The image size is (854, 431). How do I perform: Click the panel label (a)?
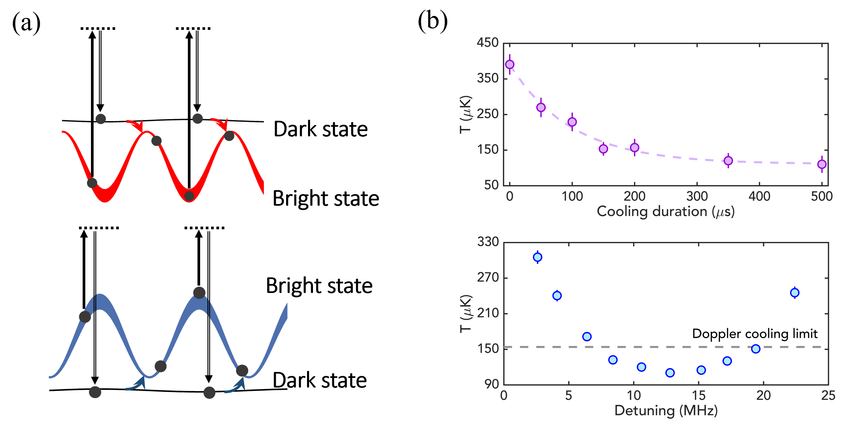coord(26,23)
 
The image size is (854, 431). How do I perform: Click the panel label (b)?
coord(432,21)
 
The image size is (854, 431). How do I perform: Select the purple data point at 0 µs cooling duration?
coord(509,64)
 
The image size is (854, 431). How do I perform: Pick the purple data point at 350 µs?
coord(728,161)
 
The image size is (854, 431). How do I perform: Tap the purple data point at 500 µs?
coord(822,164)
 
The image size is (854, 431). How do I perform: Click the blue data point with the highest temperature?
coord(537,257)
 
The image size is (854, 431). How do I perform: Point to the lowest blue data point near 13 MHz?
coord(670,373)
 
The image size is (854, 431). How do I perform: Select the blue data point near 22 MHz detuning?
coord(795,293)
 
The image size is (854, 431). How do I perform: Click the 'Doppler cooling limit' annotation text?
coord(754,334)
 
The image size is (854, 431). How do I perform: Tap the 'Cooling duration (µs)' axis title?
coord(665,212)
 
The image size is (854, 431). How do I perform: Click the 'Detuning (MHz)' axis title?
coord(666,411)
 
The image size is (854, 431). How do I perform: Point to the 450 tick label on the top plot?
coord(488,43)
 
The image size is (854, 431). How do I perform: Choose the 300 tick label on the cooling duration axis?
coord(697,196)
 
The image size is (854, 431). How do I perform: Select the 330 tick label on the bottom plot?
coord(488,242)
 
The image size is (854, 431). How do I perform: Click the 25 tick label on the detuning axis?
coord(828,395)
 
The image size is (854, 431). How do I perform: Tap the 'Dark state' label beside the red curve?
coord(321,129)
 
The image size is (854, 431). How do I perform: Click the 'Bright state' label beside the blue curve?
coord(319,286)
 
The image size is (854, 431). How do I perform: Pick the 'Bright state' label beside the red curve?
coord(326,198)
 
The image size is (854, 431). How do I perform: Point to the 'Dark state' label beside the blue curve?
coord(320,380)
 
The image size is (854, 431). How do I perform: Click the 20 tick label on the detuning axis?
coord(763,395)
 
